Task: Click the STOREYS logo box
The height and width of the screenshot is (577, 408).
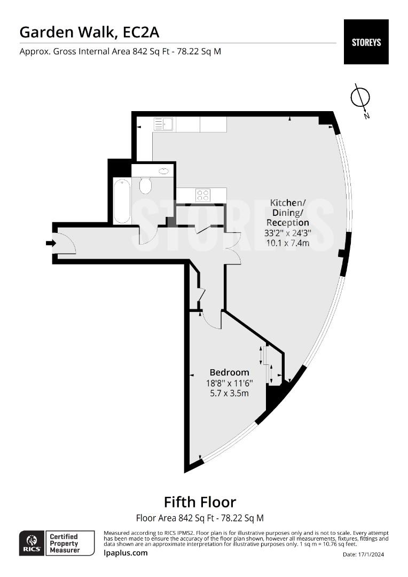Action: [x=366, y=42]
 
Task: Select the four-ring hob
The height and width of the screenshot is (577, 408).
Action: [x=202, y=194]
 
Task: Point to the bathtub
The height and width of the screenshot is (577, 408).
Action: [x=122, y=200]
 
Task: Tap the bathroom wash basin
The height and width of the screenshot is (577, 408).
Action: [x=164, y=171]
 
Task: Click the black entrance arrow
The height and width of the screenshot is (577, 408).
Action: [x=51, y=243]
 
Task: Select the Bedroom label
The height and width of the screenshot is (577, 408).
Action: [x=229, y=372]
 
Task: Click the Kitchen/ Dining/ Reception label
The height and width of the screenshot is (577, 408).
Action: [x=288, y=213]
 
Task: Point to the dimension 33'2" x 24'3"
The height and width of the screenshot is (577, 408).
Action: [x=288, y=233]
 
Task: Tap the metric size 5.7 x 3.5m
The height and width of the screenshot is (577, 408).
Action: [x=229, y=393]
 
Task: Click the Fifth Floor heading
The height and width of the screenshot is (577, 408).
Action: [x=200, y=502]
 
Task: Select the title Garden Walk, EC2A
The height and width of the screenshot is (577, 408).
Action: [x=89, y=33]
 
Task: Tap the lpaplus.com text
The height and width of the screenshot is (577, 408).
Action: [x=125, y=553]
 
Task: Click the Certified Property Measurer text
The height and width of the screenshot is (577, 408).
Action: [x=65, y=543]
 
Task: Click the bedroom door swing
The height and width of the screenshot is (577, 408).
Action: [x=212, y=319]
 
